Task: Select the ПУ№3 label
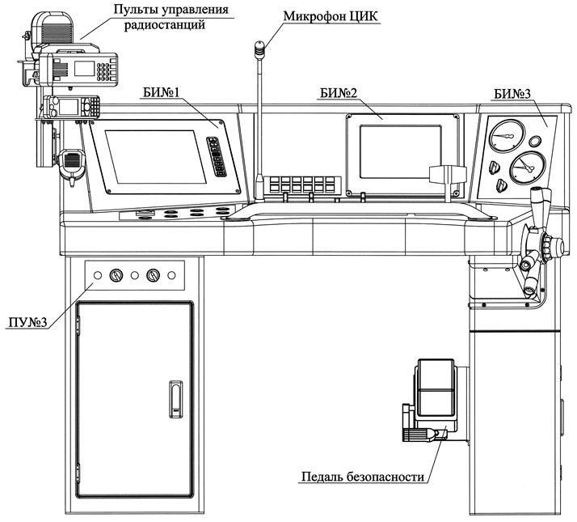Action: (x=25, y=323)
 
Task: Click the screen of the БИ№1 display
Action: (x=154, y=156)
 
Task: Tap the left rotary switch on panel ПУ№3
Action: (x=116, y=275)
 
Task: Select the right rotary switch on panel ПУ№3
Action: (x=153, y=275)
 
